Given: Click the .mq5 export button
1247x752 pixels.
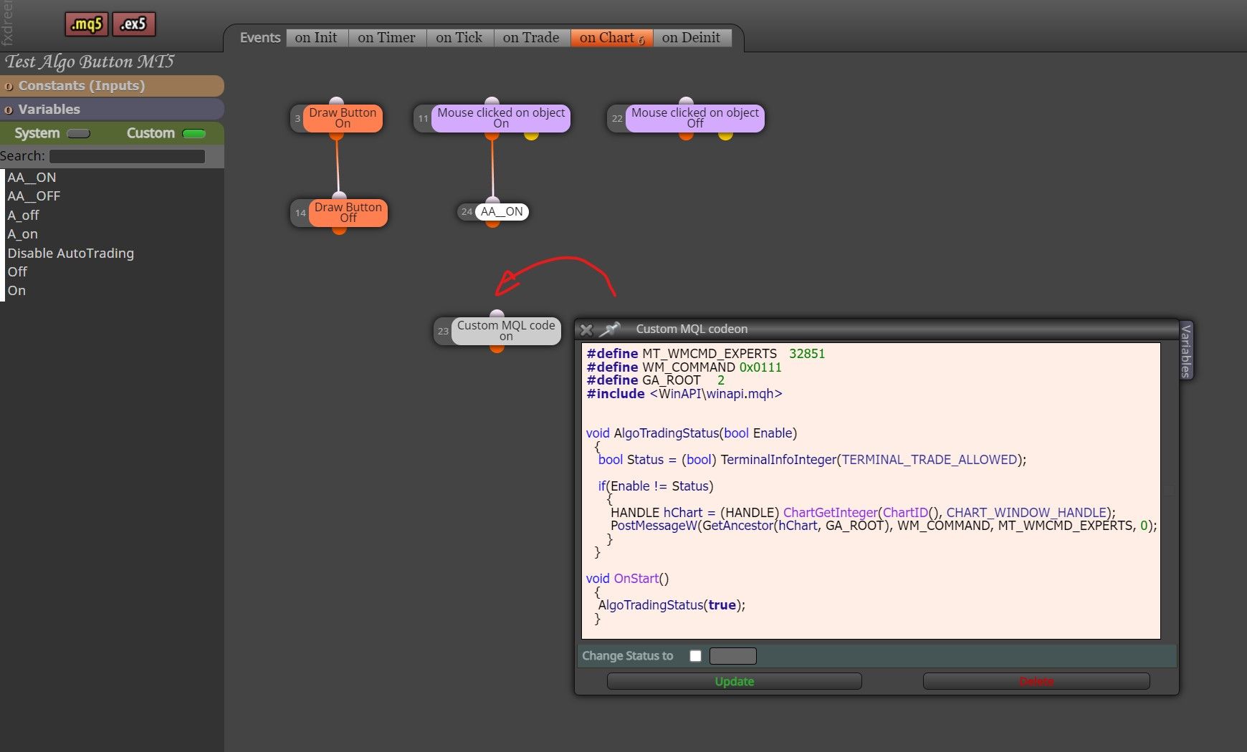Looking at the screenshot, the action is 87,24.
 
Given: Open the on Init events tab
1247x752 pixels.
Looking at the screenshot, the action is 316,38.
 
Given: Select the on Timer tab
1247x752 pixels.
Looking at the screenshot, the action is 386,38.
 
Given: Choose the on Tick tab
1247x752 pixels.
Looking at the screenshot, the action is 459,38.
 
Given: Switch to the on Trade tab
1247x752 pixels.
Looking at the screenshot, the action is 531,38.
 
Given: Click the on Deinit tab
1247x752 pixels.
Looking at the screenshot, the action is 691,38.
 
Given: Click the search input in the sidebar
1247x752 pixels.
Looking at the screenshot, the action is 127,156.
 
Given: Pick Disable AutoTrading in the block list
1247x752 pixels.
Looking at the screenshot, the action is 71,253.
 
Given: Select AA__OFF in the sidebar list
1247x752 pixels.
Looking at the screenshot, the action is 34,196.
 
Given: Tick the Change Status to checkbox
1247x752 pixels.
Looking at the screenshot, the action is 695,656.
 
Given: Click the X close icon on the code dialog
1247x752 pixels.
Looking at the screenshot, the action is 586,329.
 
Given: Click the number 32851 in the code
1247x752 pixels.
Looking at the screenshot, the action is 807,354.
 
